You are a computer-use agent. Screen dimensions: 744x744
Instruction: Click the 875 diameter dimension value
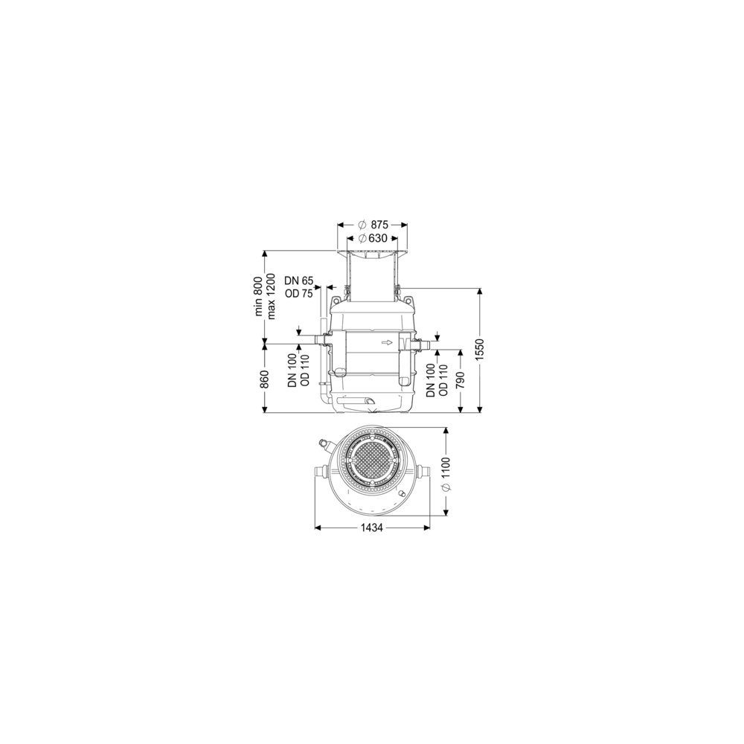pos(379,225)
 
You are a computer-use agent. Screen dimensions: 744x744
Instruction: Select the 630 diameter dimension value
pos(378,238)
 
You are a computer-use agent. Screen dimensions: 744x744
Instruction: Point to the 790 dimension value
pos(458,380)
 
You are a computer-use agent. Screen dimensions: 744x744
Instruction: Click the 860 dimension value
pos(265,378)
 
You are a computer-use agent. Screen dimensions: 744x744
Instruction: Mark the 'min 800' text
pos(259,296)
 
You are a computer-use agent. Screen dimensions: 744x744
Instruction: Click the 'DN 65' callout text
pos(299,281)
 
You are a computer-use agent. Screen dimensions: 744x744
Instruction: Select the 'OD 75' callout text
pos(299,293)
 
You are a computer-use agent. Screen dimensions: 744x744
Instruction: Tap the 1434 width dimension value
pos(372,527)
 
